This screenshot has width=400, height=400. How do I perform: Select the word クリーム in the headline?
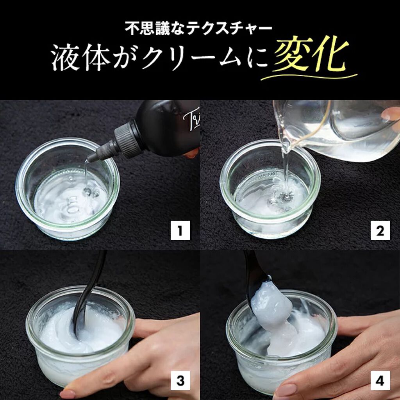click(x=190, y=59)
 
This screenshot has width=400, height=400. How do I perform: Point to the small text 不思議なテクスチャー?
click(x=199, y=29)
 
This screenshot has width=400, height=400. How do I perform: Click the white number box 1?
click(x=180, y=230)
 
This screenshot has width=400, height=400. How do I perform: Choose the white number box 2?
click(x=380, y=230)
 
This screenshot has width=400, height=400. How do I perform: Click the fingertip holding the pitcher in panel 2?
click(x=390, y=114)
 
